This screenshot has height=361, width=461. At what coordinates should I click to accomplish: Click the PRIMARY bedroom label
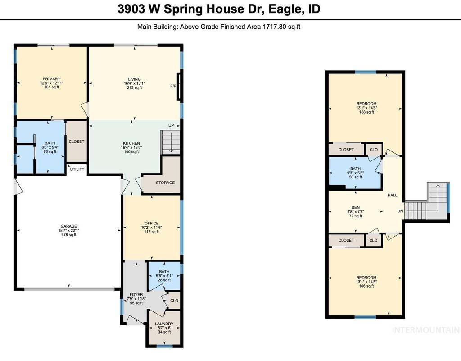tap(51, 79)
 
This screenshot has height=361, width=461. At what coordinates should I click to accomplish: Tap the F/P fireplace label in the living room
tap(173, 86)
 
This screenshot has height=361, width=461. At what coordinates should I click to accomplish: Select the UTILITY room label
tap(77, 169)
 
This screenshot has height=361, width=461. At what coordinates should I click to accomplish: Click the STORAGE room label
tap(165, 183)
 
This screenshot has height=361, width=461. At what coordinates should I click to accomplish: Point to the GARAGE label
tap(69, 227)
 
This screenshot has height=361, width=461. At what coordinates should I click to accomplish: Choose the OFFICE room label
tap(151, 223)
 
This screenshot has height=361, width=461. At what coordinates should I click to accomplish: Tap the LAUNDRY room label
tap(164, 324)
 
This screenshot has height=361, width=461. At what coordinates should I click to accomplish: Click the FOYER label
tap(136, 294)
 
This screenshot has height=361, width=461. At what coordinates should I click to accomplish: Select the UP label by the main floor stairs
tap(171, 126)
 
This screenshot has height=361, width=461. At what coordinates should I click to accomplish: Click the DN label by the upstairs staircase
tap(400, 211)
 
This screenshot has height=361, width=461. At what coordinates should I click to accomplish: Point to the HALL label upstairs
tap(392, 195)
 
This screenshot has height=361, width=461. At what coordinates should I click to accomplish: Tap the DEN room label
tap(356, 207)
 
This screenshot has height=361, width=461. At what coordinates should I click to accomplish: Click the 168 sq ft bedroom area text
tap(366, 112)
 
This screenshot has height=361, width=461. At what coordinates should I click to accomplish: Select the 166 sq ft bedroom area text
tap(366, 286)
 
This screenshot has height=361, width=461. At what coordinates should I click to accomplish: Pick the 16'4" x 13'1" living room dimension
tap(134, 83)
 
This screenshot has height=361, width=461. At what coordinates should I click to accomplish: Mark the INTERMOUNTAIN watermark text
tap(426, 330)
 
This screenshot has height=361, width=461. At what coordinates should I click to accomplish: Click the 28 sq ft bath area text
tap(164, 280)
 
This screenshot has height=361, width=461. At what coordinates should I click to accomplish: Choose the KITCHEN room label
tap(131, 143)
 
